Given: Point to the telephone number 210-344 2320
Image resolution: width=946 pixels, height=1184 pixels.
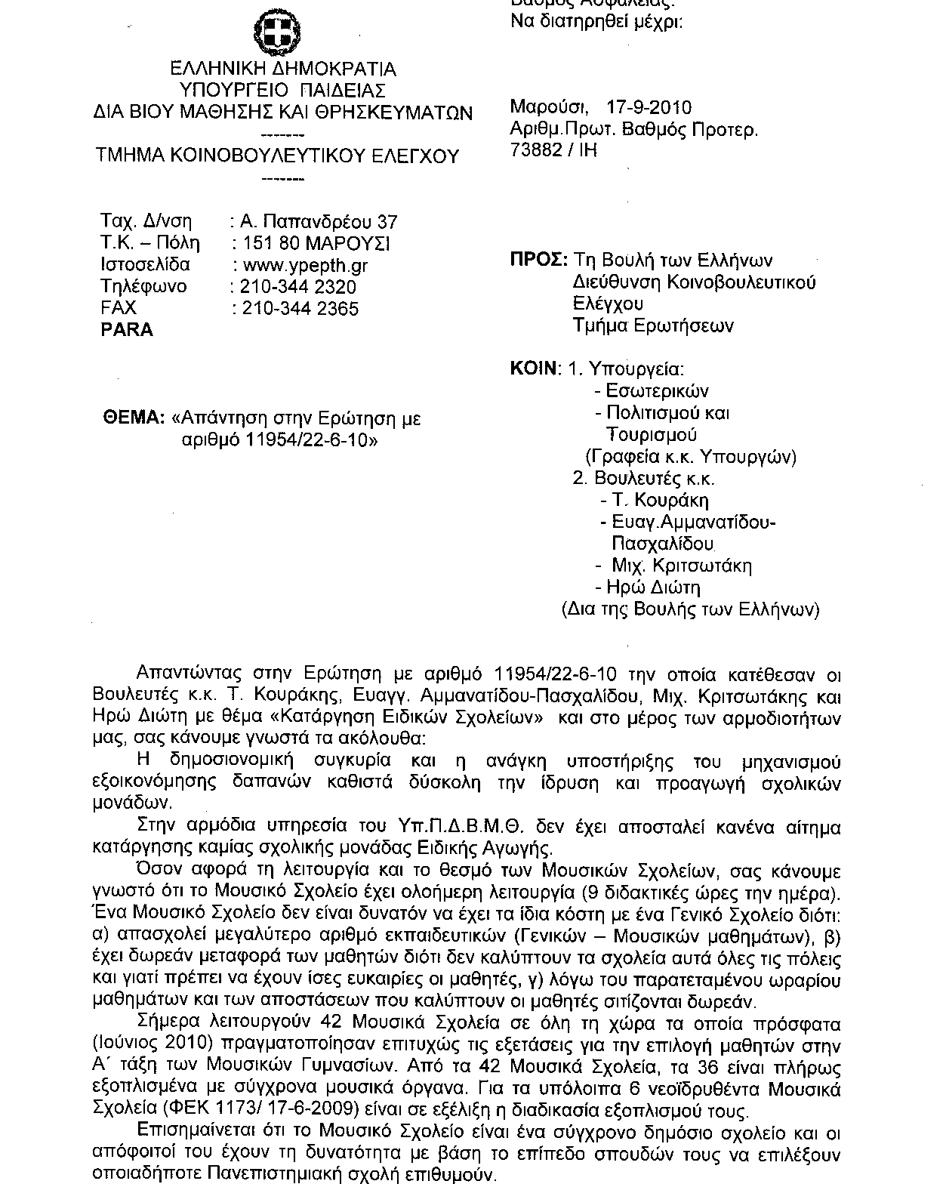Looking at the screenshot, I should pos(297,287).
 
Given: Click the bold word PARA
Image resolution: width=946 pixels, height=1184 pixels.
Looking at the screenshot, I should pos(127,330).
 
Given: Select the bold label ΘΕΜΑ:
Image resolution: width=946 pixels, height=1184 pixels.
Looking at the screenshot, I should pos(133,418).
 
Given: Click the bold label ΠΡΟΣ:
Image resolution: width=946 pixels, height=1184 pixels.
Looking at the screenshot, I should pos(539,261).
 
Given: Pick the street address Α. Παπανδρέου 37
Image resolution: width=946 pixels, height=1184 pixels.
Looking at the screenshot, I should pos(318,222).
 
